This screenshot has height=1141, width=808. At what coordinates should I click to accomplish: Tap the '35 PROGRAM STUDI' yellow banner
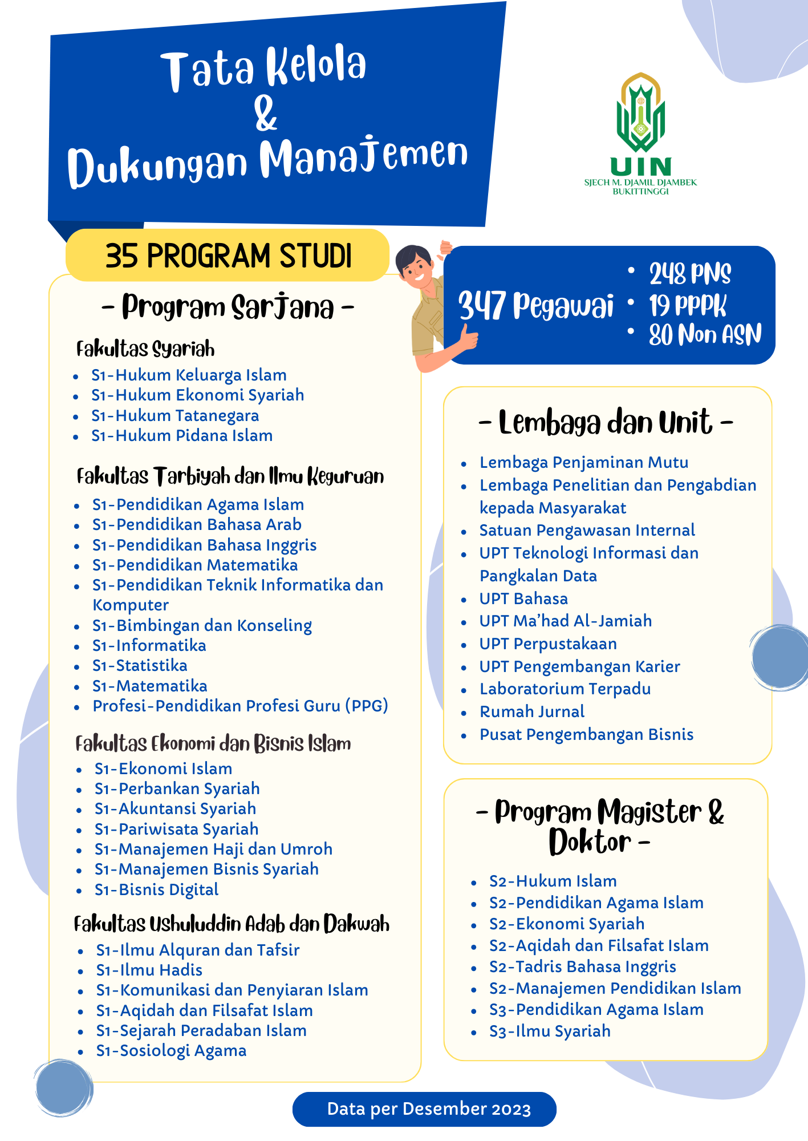(x=228, y=255)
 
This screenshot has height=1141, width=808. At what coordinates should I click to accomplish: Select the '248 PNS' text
(x=690, y=274)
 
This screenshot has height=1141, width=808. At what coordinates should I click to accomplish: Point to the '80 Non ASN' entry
(x=705, y=335)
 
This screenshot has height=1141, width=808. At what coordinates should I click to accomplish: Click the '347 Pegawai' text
(x=535, y=305)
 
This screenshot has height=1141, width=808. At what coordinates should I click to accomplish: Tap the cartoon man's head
(x=415, y=265)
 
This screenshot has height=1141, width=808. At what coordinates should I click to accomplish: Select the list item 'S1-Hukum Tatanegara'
(x=175, y=416)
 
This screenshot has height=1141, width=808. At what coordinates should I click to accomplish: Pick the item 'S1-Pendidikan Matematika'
(x=195, y=565)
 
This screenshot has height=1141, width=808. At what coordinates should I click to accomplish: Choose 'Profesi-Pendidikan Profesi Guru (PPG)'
(x=240, y=706)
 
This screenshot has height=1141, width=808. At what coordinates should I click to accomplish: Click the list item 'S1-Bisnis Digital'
(x=157, y=890)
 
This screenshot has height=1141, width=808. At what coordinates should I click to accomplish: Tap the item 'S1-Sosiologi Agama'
(x=171, y=1051)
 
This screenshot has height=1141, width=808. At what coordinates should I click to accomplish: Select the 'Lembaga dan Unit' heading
(x=606, y=423)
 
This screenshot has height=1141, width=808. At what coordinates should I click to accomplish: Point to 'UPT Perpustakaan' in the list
(x=548, y=644)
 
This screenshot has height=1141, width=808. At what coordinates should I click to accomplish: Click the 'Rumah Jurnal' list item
(x=532, y=712)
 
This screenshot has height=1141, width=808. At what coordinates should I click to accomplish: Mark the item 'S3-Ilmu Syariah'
(x=550, y=1031)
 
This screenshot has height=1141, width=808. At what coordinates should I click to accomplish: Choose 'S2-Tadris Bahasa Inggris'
(x=582, y=967)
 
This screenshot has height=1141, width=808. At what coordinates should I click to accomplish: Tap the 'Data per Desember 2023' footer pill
(x=424, y=1109)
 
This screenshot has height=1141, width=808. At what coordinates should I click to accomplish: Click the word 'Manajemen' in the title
(x=364, y=157)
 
